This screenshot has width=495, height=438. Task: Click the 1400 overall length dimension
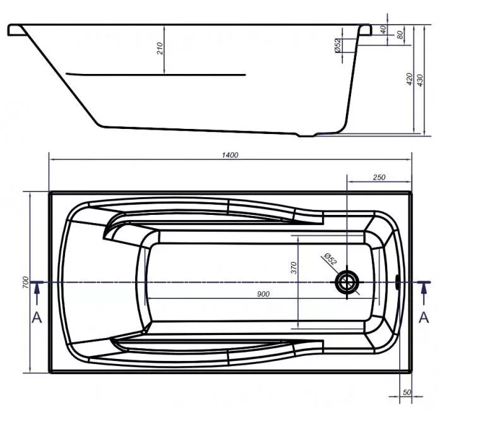pyautogui.click(x=230, y=155)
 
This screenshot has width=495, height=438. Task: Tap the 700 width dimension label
pyautogui.click(x=25, y=282)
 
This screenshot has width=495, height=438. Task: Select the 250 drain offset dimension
pyautogui.click(x=379, y=177)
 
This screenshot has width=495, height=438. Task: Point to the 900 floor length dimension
pyautogui.click(x=263, y=295)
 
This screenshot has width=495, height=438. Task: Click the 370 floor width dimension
pyautogui.click(x=294, y=268)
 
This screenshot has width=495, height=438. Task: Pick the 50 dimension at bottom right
pyautogui.click(x=407, y=392)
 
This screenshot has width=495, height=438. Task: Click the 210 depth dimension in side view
pyautogui.click(x=160, y=48)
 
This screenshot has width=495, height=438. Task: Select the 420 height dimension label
pyautogui.click(x=409, y=79)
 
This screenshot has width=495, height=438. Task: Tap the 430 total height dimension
pyautogui.click(x=420, y=81)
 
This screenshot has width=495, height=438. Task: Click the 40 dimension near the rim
pyautogui.click(x=383, y=30)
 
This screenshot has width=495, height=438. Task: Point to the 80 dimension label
pyautogui.click(x=400, y=35)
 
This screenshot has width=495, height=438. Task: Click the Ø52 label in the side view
pyautogui.click(x=337, y=46)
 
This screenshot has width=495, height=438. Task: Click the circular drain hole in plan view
pyautogui.click(x=347, y=282)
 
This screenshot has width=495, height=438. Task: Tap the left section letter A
pyautogui.click(x=37, y=317)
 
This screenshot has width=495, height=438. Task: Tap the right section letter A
pyautogui.click(x=424, y=317)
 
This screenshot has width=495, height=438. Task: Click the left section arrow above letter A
pyautogui.click(x=37, y=294)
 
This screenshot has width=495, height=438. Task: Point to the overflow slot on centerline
pyautogui.click(x=398, y=282)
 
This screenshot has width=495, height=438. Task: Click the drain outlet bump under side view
pyautogui.click(x=307, y=135)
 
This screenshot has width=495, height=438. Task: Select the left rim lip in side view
pyautogui.click(x=16, y=30)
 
